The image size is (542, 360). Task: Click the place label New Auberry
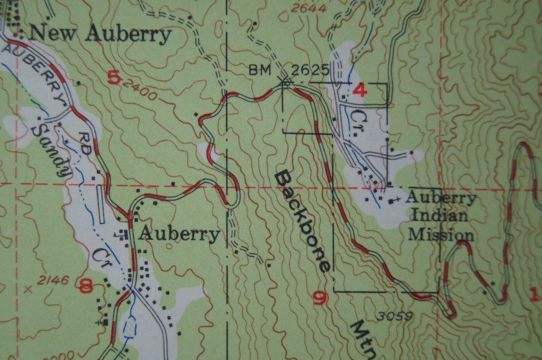tap(100, 34)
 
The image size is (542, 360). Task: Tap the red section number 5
tap(113, 76)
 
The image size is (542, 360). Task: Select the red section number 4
tap(359, 89)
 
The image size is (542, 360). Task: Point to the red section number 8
tap(86, 286)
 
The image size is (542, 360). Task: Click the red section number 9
tap(320, 297)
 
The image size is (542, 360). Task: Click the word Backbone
tap(301, 222)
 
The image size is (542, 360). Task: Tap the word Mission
tap(440, 235)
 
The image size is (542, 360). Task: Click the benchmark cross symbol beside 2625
tap(285, 82)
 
